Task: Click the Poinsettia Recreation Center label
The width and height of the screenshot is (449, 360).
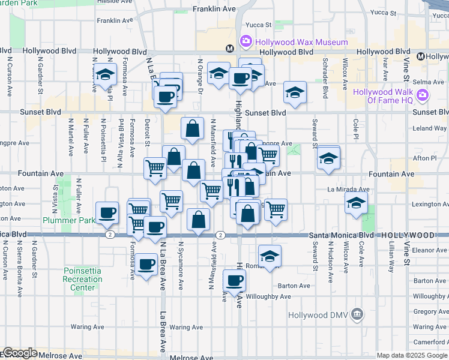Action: pos(82,279)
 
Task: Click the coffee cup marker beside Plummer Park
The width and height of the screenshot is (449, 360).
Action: pos(108,213)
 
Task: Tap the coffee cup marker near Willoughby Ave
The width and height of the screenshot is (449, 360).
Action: pos(234,280)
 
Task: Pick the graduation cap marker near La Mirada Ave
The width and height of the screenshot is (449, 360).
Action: pos(357,204)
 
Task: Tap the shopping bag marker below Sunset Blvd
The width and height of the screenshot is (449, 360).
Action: pos(192,128)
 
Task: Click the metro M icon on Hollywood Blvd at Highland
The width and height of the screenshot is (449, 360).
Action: pos(229,49)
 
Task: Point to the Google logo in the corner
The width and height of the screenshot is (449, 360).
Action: pos(19,353)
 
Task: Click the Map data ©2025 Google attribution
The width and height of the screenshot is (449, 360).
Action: pos(412,355)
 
